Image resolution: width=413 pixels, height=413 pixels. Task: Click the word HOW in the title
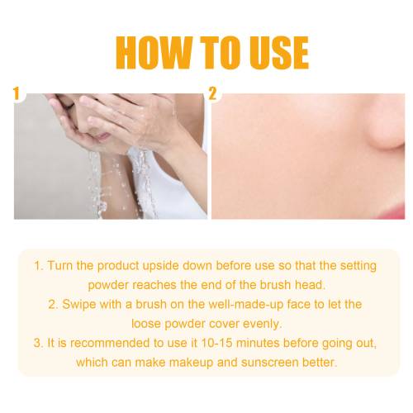154,52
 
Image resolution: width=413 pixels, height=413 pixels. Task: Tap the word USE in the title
278,52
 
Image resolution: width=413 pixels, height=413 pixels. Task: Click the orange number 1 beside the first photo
17,93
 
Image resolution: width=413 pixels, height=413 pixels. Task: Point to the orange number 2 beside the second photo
212,93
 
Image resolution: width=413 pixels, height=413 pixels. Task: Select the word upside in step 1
161,266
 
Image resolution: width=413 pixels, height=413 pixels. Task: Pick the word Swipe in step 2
79,305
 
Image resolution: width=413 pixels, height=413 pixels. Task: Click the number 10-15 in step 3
216,344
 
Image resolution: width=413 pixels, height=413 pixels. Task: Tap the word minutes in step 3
258,344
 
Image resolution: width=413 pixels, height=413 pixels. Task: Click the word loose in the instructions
146,324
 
